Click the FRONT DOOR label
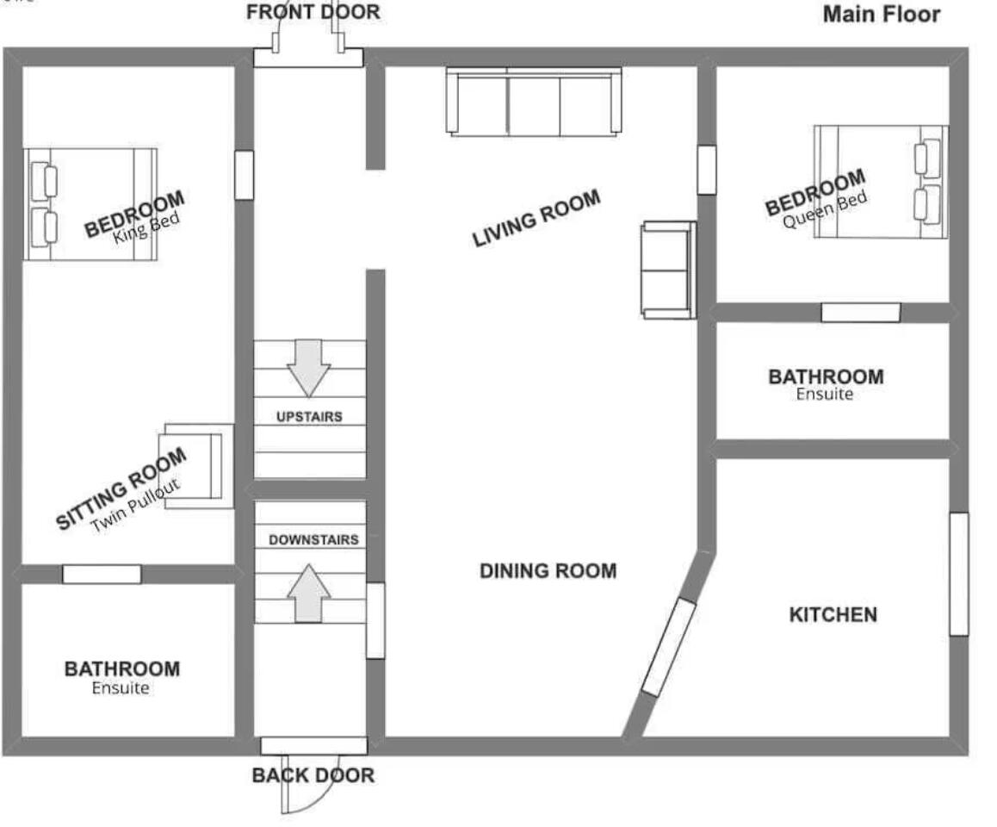tap(313, 13)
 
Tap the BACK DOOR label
tap(313, 775)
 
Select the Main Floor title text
tap(881, 15)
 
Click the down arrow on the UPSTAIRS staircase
tap(309, 367)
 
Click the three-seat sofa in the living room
tap(534, 102)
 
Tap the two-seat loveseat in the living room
tap(668, 270)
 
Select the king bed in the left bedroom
tap(90, 204)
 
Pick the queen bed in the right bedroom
tap(881, 182)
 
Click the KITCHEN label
tap(833, 615)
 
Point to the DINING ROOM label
tap(548, 571)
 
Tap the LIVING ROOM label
tap(536, 219)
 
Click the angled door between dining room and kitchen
tap(669, 646)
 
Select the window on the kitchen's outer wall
tap(958, 574)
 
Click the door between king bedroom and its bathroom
tap(102, 574)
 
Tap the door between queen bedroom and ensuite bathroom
tap(860, 313)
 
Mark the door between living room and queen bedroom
tap(706, 170)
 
